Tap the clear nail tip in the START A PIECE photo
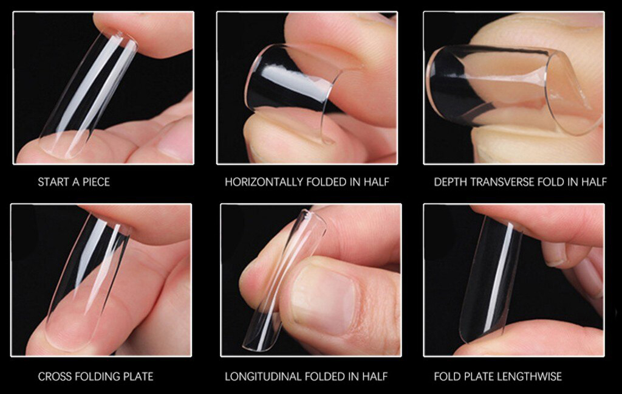88,94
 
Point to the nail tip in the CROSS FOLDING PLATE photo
88,280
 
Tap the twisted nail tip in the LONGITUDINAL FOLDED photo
284,280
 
